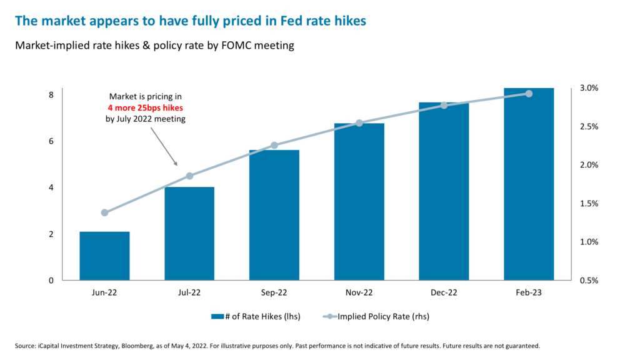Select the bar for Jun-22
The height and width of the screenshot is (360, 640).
point(104,256)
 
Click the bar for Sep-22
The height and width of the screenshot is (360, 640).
point(274,215)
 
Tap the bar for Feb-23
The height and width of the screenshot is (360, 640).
point(528,184)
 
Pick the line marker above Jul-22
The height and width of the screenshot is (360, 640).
point(189,176)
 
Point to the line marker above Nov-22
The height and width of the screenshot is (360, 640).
point(359,123)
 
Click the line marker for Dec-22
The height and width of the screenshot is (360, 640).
point(444,105)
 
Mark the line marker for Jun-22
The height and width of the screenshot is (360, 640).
point(104,212)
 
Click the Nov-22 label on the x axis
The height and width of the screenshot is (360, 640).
point(359,292)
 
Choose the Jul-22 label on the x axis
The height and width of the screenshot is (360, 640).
point(189,292)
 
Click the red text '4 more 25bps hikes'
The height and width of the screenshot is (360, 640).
point(145,107)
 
